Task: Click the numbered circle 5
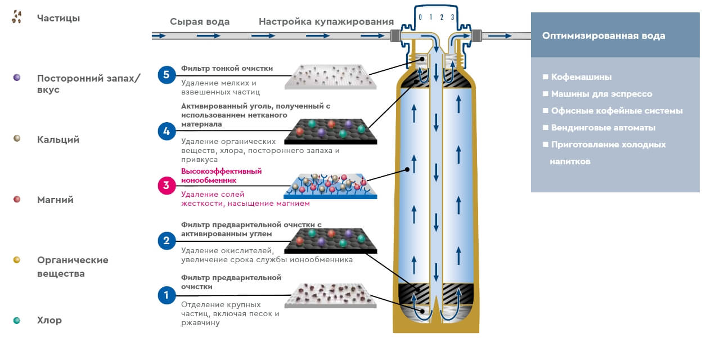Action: click(x=166, y=75)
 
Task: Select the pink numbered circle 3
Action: click(x=166, y=185)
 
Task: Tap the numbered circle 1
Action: click(x=166, y=295)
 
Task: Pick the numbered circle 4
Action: click(x=166, y=132)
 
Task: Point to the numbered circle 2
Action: click(x=166, y=241)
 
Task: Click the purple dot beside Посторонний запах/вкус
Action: click(x=17, y=77)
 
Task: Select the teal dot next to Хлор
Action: click(x=17, y=320)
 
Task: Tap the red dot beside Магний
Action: click(x=17, y=199)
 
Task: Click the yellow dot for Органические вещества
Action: click(x=17, y=259)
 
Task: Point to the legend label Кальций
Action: click(x=58, y=139)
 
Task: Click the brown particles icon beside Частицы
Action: click(x=17, y=17)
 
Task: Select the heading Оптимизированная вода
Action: click(x=604, y=35)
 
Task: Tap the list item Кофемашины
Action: click(x=581, y=77)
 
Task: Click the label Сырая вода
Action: click(x=200, y=22)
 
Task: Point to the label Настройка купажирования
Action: click(x=326, y=22)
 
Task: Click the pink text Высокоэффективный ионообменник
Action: click(x=222, y=175)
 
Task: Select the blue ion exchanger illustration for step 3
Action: click(x=330, y=185)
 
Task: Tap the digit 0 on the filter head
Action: click(x=420, y=17)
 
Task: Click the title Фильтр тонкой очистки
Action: click(x=227, y=69)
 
